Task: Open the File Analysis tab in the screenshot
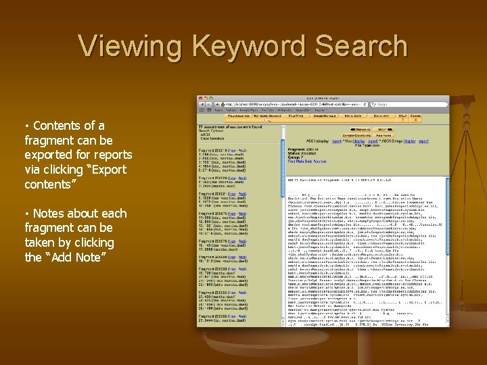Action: pyautogui.click(x=210, y=116)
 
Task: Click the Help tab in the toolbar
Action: pyautogui.click(x=401, y=116)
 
